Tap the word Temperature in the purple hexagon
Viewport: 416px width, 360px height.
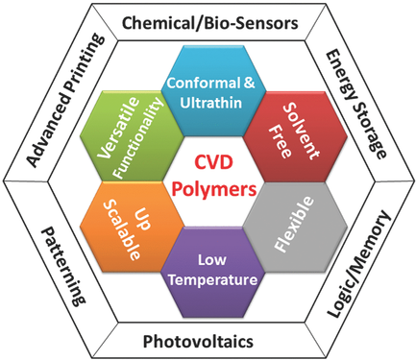(x=208, y=281)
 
